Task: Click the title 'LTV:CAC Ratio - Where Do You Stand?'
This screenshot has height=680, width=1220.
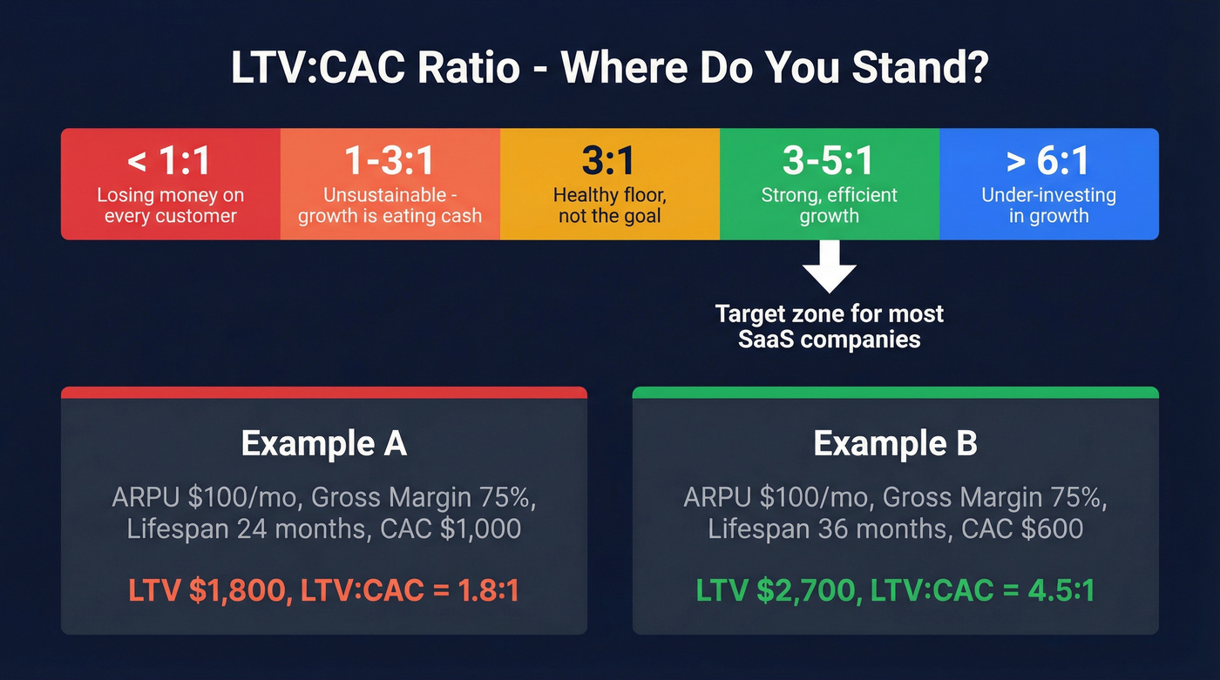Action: tap(609, 68)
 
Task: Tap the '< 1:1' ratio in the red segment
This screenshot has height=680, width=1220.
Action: tap(171, 161)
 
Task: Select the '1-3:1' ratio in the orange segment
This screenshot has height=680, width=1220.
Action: tap(390, 161)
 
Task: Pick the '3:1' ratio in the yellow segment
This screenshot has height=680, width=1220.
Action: tap(609, 161)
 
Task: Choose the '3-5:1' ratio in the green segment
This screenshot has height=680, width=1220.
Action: tap(829, 161)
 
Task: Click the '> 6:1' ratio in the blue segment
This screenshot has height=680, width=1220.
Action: tap(1048, 161)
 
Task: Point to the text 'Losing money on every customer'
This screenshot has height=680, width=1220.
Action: tap(171, 205)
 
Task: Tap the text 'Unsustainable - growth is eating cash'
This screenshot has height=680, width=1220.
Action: tap(390, 205)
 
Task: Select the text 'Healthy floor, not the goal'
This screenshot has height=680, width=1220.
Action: tap(609, 205)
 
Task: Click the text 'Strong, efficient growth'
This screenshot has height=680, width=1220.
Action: tap(829, 205)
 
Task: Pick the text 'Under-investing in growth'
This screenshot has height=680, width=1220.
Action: tap(1048, 205)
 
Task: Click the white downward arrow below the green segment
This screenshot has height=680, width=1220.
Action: tap(829, 268)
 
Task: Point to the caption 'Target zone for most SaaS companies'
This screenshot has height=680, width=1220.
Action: tap(829, 326)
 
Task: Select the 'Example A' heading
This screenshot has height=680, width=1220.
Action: tap(323, 444)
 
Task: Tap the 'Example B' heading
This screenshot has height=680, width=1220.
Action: tap(895, 444)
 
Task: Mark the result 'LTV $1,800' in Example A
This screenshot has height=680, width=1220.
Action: tap(207, 590)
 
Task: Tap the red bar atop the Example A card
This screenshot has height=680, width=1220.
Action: tap(323, 393)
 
